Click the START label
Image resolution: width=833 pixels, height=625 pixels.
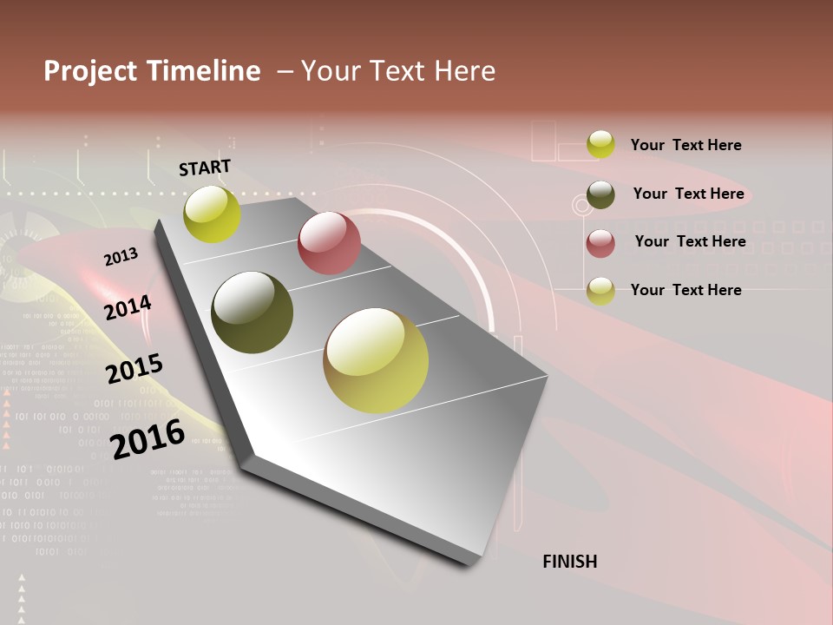click(205, 168)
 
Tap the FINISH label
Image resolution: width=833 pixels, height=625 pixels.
click(569, 562)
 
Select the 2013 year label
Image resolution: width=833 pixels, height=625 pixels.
click(121, 257)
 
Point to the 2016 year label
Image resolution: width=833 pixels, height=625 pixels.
click(148, 439)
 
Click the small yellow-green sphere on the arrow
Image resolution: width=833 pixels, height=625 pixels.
click(213, 214)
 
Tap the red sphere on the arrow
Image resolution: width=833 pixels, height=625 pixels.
click(329, 243)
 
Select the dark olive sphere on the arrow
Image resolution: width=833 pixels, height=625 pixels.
click(253, 312)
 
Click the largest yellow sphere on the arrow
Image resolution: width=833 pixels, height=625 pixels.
click(376, 360)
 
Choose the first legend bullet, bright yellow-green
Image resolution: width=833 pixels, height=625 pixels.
click(600, 144)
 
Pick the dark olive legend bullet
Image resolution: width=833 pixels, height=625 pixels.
click(600, 194)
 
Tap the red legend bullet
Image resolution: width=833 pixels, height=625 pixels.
click(600, 243)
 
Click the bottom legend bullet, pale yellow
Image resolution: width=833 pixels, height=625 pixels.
click(600, 291)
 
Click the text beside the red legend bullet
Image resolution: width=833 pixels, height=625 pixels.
click(690, 241)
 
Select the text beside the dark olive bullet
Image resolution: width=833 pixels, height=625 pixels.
click(688, 194)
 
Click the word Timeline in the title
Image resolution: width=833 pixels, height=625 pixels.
click(203, 71)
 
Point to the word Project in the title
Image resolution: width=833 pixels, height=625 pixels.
click(90, 71)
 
